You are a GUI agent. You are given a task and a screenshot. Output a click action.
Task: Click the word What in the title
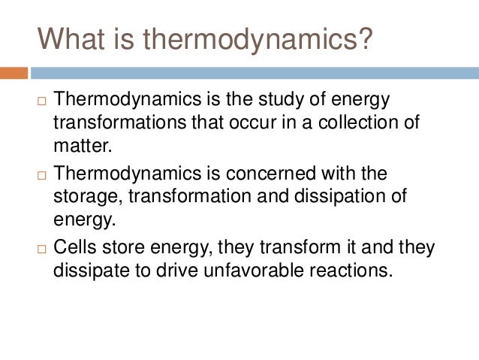click(x=74, y=38)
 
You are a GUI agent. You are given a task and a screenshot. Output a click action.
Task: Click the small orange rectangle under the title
click(x=14, y=74)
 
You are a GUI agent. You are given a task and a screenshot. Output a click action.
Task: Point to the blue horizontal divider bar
click(x=255, y=74)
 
